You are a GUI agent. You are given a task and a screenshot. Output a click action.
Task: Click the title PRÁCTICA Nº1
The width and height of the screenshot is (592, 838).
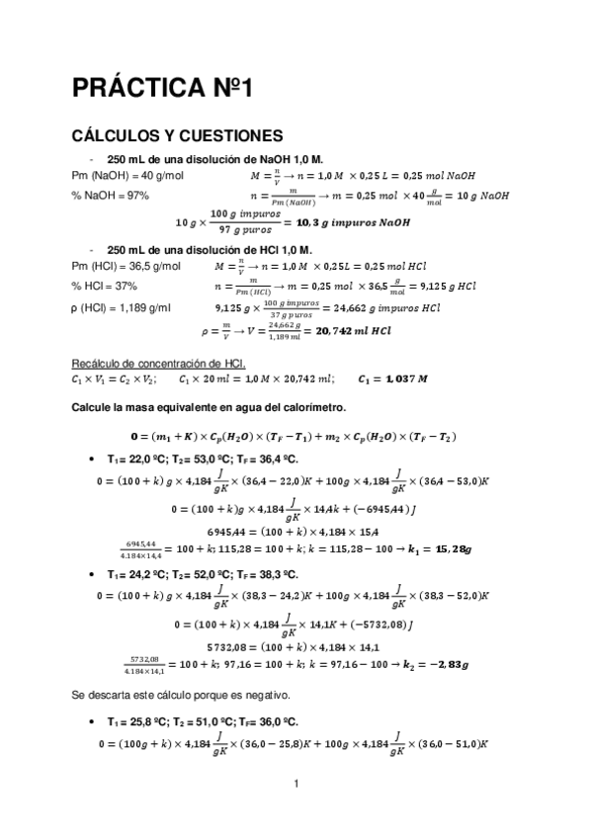click(x=163, y=88)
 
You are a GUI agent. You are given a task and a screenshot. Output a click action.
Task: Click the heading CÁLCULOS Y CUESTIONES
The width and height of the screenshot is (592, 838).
click(x=178, y=135)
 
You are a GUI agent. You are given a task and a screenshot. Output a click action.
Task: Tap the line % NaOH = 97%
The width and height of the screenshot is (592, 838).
click(x=110, y=196)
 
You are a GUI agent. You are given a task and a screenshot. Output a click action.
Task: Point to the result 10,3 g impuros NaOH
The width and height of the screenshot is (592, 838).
click(x=347, y=223)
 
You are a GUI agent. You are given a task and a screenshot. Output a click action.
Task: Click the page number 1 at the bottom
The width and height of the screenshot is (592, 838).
click(x=296, y=785)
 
